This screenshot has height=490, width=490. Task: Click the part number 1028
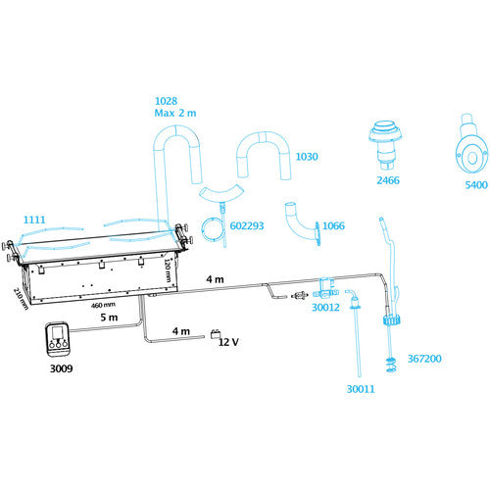pos(166,101)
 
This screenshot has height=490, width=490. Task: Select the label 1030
pos(307,157)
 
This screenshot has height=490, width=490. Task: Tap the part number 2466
pos(388,180)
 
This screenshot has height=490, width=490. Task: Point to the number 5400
pos(476,185)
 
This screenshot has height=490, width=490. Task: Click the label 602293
pos(247,225)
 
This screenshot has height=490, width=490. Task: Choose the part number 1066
pos(333,225)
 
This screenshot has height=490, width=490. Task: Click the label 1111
pos(34,220)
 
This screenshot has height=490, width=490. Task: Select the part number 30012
pos(325,308)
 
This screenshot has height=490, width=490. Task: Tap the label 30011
pos(361,389)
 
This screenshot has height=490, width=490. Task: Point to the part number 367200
pos(424,359)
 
